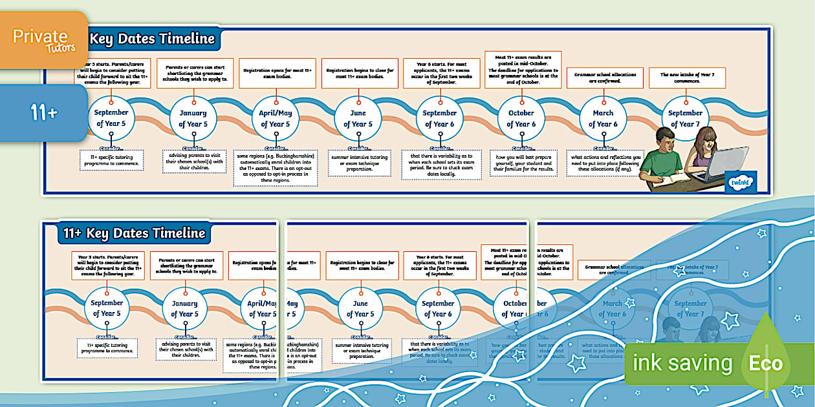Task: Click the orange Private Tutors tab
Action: pyautogui.click(x=43, y=39)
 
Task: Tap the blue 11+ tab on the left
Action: pyautogui.click(x=43, y=114)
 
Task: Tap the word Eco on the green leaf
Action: pyautogui.click(x=765, y=363)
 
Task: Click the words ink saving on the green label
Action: pyautogui.click(x=682, y=363)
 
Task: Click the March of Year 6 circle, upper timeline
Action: pyautogui.click(x=603, y=118)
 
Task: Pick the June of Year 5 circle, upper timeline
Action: pyautogui.click(x=358, y=118)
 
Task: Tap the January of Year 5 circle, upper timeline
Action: pyautogui.click(x=193, y=118)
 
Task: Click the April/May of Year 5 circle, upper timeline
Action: pyautogui.click(x=276, y=118)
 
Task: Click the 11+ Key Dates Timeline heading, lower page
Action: pyautogui.click(x=134, y=233)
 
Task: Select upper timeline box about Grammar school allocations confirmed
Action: pyautogui.click(x=605, y=78)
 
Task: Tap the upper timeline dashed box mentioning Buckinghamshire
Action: pyautogui.click(x=276, y=169)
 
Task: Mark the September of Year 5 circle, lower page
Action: pyautogui.click(x=107, y=308)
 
